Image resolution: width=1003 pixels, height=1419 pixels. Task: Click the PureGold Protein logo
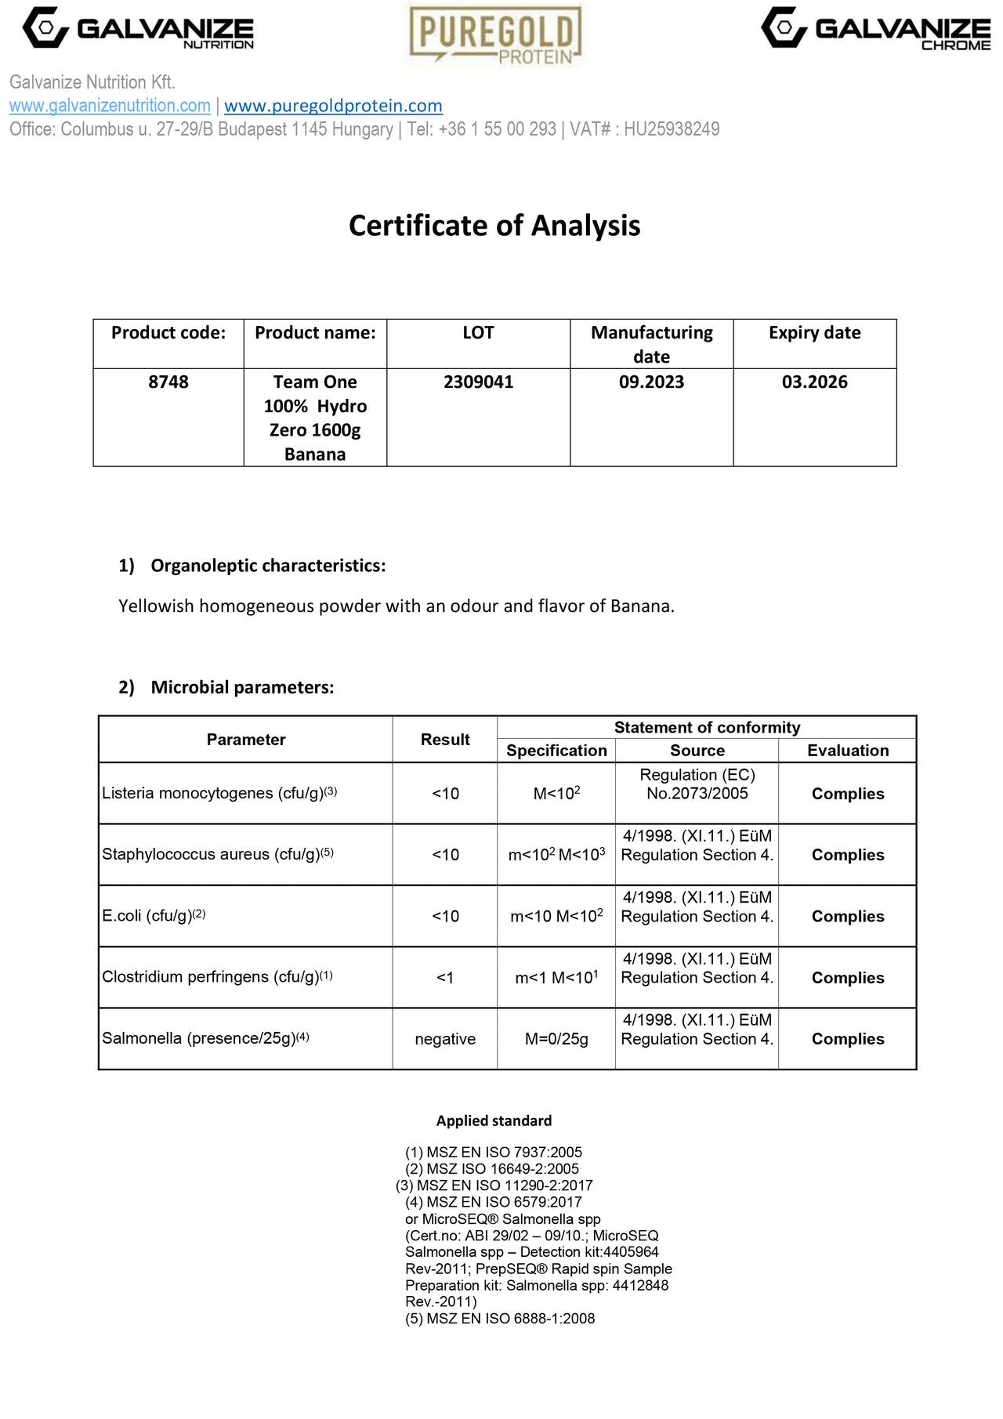(x=495, y=34)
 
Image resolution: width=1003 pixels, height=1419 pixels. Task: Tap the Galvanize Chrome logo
(x=875, y=29)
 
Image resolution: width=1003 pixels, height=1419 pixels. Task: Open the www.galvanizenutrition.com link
(x=110, y=106)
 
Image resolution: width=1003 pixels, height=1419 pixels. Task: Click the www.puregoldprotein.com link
(x=333, y=106)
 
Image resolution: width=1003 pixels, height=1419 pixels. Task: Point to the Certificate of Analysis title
(x=494, y=226)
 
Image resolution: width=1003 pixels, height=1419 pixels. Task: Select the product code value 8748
(x=168, y=382)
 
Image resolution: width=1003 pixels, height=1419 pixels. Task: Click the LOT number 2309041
(x=478, y=382)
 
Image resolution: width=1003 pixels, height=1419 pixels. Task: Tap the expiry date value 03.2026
(x=814, y=382)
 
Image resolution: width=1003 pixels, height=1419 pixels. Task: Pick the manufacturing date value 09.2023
(x=651, y=382)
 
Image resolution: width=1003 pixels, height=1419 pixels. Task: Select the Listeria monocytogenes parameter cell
(x=219, y=793)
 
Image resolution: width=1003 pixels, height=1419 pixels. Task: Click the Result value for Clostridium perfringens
(x=445, y=978)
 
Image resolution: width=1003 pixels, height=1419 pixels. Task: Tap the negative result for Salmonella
(x=445, y=1039)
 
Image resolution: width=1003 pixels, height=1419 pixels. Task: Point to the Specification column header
(x=556, y=751)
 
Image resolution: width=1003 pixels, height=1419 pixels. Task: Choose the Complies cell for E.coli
(x=847, y=917)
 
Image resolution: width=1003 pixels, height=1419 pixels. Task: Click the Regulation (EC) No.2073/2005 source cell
(x=697, y=784)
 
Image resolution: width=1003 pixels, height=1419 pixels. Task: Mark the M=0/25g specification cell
(x=556, y=1039)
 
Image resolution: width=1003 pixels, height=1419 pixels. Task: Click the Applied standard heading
(x=494, y=1120)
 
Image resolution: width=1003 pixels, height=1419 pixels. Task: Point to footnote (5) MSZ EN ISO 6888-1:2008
(x=500, y=1319)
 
